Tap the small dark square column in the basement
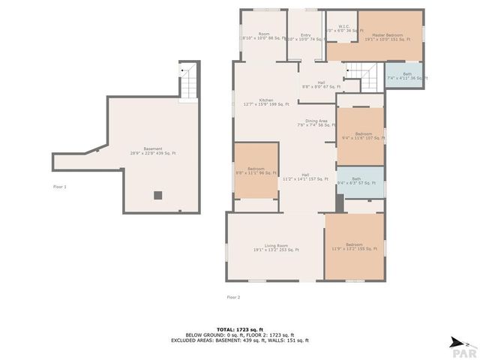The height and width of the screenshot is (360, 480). click(x=157, y=195)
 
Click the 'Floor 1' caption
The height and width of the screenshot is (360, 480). click(x=60, y=187)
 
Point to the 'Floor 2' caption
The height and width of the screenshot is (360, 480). click(x=233, y=297)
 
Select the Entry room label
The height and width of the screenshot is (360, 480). click(x=305, y=36)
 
